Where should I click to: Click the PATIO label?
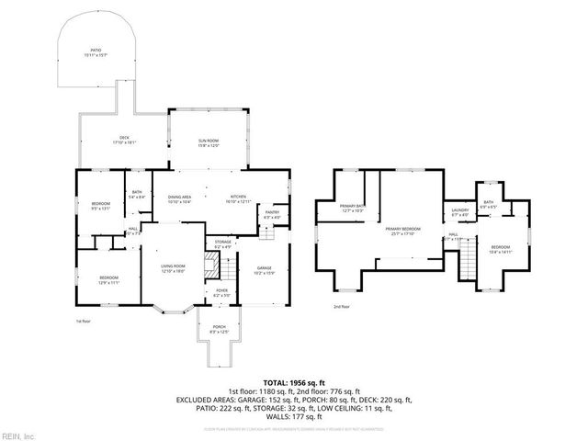(96, 52)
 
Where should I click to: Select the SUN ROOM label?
(209, 141)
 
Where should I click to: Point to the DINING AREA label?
(179, 198)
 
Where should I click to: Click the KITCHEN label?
(238, 198)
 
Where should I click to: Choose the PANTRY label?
(272, 215)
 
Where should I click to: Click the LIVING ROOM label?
(174, 268)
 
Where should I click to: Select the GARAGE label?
(264, 270)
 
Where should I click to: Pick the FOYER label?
(221, 293)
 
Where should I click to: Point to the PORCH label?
(219, 328)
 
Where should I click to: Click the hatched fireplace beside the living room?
(210, 268)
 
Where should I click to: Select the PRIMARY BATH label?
(353, 209)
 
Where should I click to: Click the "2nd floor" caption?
(342, 306)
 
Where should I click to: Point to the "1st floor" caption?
(84, 321)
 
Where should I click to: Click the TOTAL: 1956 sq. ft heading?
(293, 381)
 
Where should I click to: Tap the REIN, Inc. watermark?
(19, 435)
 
